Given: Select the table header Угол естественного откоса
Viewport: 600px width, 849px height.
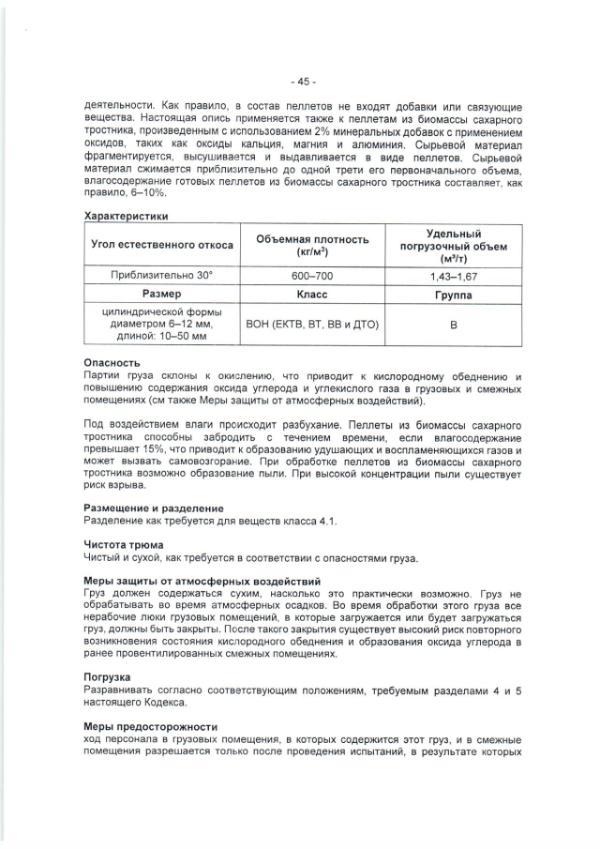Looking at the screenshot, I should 162,246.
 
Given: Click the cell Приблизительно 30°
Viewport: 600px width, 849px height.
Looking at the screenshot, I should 162,276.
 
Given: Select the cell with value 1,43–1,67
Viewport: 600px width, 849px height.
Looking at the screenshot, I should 454,276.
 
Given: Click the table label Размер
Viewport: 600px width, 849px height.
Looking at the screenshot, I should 162,295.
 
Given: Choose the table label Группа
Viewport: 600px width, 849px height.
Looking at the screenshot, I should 454,295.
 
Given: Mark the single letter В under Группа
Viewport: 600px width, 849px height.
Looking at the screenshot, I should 454,325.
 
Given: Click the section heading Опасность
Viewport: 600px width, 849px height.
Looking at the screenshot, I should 112,362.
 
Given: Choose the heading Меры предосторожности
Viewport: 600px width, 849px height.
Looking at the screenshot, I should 150,726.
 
